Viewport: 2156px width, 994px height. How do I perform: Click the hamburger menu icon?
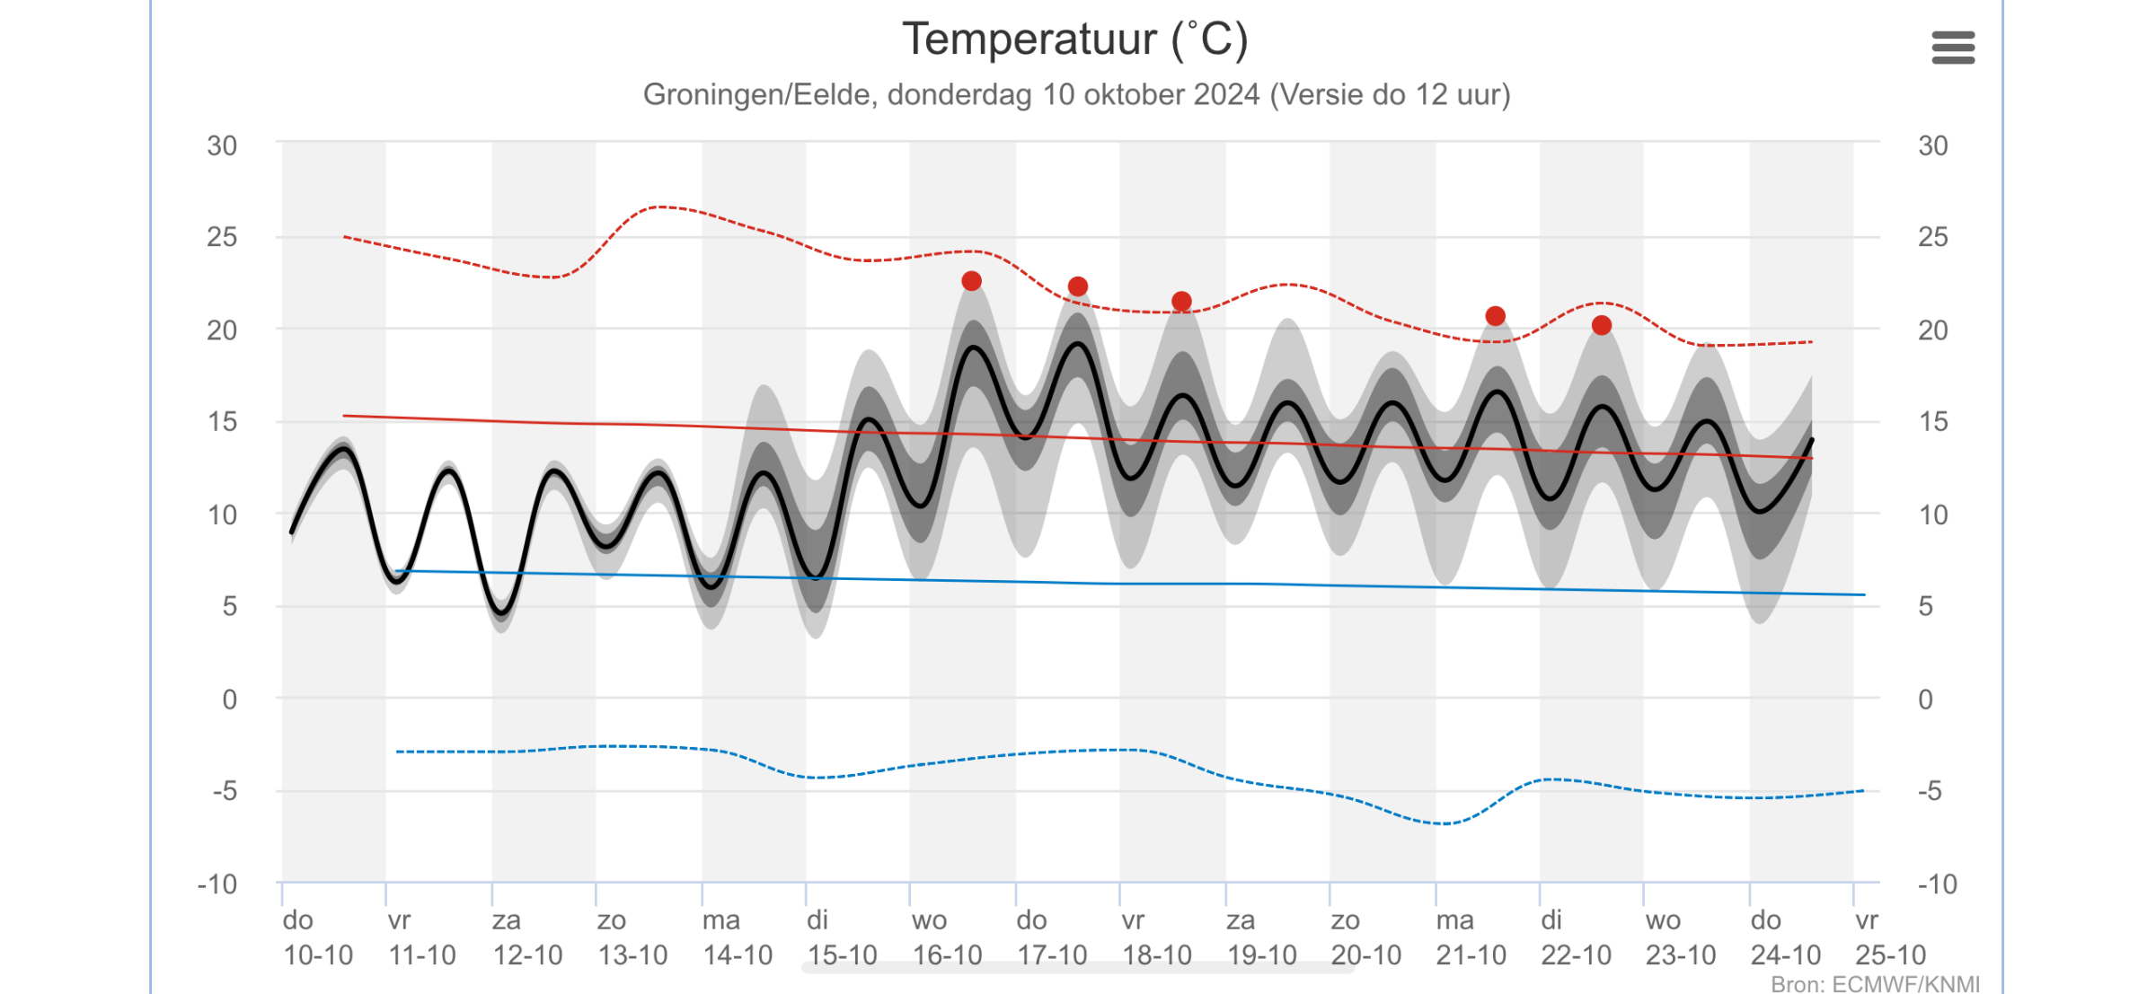click(1953, 48)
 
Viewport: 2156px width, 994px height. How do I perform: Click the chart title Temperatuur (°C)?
click(1075, 40)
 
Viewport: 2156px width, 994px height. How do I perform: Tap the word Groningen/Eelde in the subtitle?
click(759, 94)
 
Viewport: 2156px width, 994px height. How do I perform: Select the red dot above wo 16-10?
click(971, 281)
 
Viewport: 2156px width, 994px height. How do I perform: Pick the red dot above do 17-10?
click(1078, 286)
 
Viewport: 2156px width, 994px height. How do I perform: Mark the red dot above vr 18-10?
click(1182, 301)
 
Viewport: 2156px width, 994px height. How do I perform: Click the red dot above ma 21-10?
click(1496, 316)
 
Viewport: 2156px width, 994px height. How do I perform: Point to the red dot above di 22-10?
click(1602, 325)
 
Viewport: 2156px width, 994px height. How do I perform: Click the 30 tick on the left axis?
click(222, 145)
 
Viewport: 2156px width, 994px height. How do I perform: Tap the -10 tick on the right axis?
click(1938, 884)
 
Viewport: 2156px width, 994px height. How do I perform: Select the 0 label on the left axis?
click(230, 699)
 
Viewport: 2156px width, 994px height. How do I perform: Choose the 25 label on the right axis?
click(1933, 237)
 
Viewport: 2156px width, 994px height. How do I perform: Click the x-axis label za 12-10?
click(527, 937)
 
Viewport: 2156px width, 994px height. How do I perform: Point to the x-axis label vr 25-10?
click(1890, 937)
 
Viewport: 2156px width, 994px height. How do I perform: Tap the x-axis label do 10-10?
click(318, 937)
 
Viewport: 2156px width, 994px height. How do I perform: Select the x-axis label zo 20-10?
click(1365, 937)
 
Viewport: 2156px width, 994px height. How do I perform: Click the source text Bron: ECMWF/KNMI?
click(1875, 984)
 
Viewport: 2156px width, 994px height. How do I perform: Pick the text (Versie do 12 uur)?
click(1391, 94)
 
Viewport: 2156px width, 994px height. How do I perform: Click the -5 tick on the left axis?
click(225, 791)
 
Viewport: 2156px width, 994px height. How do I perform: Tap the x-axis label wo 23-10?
click(1681, 937)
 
